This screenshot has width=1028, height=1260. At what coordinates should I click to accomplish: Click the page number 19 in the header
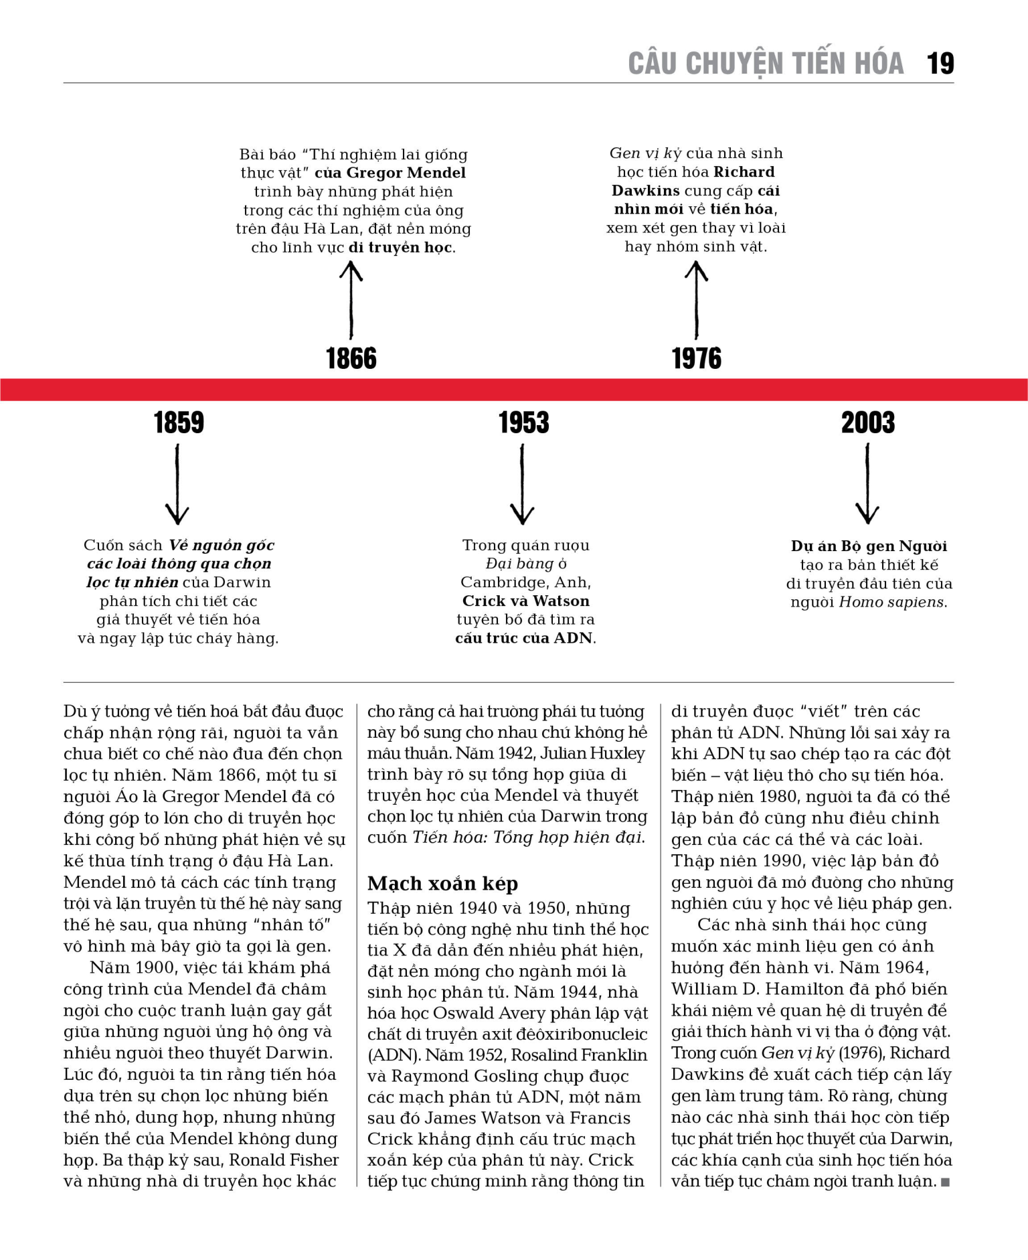pyautogui.click(x=940, y=64)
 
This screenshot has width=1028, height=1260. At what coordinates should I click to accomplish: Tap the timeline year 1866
pyautogui.click(x=351, y=358)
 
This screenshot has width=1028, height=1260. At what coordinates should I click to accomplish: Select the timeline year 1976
pyautogui.click(x=697, y=358)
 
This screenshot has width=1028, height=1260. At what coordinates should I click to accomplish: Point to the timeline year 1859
pyautogui.click(x=179, y=422)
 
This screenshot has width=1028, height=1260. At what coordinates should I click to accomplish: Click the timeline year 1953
pyautogui.click(x=523, y=422)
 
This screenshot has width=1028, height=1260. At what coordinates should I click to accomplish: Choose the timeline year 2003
pyautogui.click(x=868, y=422)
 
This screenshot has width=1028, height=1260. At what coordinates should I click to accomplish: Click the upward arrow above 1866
pyautogui.click(x=351, y=300)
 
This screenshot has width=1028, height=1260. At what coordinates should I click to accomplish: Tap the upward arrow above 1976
pyautogui.click(x=697, y=300)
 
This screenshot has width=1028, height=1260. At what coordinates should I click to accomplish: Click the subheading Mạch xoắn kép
pyautogui.click(x=442, y=884)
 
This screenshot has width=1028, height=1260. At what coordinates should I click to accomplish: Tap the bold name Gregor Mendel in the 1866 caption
pyautogui.click(x=406, y=173)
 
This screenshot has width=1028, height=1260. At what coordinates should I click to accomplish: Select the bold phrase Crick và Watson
pyautogui.click(x=525, y=601)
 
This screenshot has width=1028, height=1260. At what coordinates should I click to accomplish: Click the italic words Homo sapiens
pyautogui.click(x=893, y=602)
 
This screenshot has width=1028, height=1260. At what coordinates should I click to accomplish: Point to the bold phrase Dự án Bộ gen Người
pyautogui.click(x=869, y=546)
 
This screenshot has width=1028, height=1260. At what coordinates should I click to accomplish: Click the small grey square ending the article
pyautogui.click(x=945, y=1182)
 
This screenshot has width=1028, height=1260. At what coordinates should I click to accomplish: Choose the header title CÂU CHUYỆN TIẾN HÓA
pyautogui.click(x=766, y=64)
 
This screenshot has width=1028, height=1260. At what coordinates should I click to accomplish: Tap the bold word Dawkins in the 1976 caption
pyautogui.click(x=645, y=191)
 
